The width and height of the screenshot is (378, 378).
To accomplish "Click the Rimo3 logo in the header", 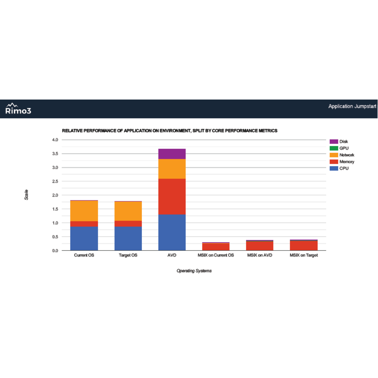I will pyautogui.click(x=18, y=109).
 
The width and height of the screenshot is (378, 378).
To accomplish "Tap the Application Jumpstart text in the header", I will pyautogui.click(x=352, y=106).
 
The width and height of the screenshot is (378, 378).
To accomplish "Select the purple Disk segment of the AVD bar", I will pyautogui.click(x=172, y=154).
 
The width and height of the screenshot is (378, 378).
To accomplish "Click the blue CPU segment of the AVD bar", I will pyautogui.click(x=172, y=232).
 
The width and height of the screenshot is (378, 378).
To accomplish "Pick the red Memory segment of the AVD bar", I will pyautogui.click(x=172, y=197).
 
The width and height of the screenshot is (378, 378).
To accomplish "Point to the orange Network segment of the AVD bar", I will pyautogui.click(x=172, y=169).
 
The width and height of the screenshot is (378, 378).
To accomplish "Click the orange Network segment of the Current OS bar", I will pyautogui.click(x=84, y=211).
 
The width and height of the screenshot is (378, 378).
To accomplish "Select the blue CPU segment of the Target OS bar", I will pyautogui.click(x=128, y=238).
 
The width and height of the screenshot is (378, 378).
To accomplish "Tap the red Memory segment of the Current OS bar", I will pyautogui.click(x=84, y=224).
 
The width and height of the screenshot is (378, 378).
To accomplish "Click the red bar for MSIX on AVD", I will pyautogui.click(x=260, y=246).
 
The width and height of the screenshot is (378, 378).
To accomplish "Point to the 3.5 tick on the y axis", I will pyautogui.click(x=55, y=154).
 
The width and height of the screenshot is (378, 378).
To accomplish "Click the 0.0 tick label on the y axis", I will pyautogui.click(x=55, y=251).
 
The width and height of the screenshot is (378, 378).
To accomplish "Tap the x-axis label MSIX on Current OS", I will pyautogui.click(x=216, y=255).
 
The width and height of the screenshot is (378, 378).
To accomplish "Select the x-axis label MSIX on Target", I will pyautogui.click(x=304, y=255).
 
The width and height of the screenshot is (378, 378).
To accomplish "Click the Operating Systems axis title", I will pyautogui.click(x=194, y=271).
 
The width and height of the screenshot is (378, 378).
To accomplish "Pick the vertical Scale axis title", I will pyautogui.click(x=26, y=195).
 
